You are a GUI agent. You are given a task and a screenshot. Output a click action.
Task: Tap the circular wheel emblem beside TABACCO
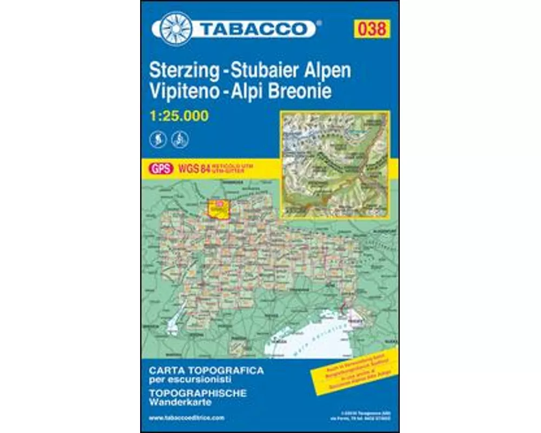[175, 28]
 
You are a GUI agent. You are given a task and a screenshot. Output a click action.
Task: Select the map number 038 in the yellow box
[372, 28]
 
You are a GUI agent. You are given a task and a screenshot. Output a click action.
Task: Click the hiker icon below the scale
[156, 140]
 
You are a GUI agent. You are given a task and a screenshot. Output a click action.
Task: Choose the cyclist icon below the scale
[179, 140]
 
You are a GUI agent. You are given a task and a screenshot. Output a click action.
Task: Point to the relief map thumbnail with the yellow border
[334, 164]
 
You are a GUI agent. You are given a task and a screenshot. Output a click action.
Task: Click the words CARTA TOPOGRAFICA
[206, 371]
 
